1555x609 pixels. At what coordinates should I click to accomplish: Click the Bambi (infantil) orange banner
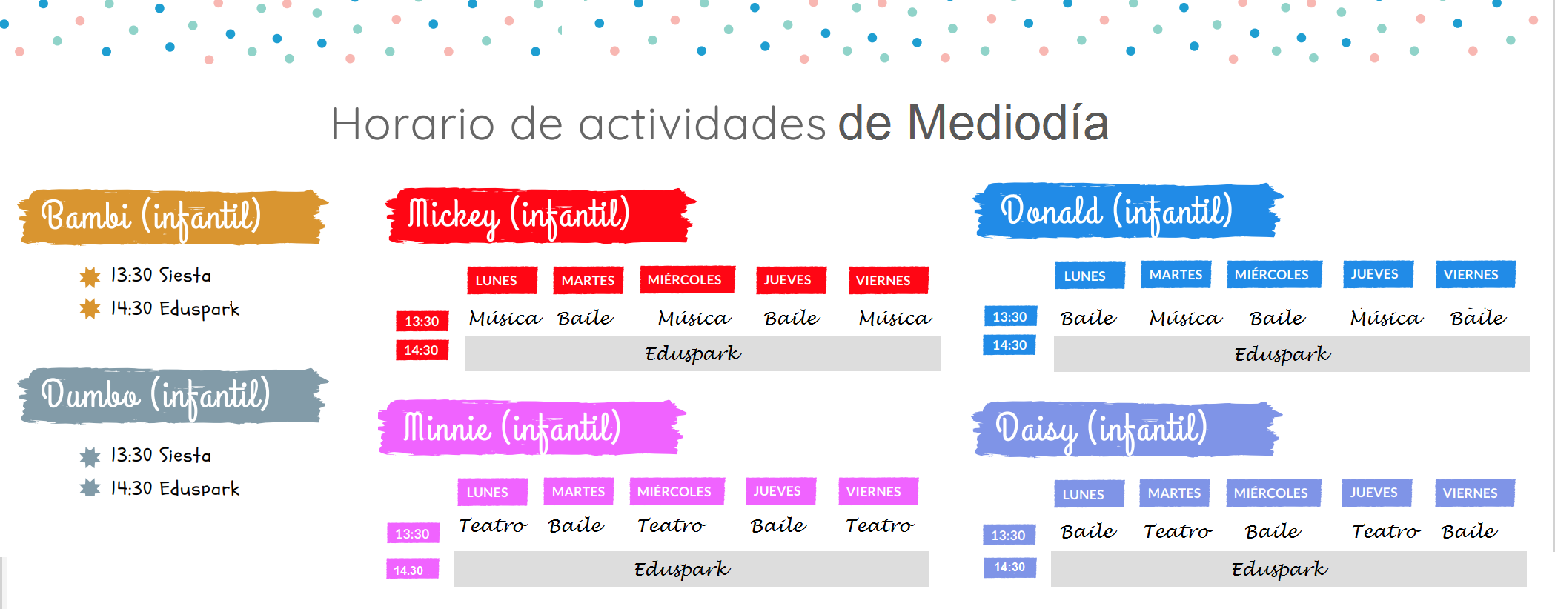click(x=173, y=216)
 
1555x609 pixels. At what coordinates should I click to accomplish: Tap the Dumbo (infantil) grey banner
click(x=173, y=396)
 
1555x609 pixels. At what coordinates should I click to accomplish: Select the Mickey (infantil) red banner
click(x=540, y=215)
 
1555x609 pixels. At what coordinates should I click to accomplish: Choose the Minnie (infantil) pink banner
click(x=532, y=427)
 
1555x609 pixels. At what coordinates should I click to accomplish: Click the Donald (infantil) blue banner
click(x=1128, y=211)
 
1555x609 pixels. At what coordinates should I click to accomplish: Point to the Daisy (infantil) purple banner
click(x=1127, y=429)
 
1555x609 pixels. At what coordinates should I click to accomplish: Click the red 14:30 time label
click(x=422, y=350)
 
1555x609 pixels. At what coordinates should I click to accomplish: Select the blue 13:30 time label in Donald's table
click(x=1009, y=316)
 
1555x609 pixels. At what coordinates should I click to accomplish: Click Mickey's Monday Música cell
click(x=505, y=318)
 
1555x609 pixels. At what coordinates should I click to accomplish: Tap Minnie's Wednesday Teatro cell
click(x=672, y=525)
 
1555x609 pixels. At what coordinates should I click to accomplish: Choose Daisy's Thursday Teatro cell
click(x=1385, y=531)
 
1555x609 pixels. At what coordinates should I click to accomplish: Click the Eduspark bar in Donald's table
click(x=1292, y=354)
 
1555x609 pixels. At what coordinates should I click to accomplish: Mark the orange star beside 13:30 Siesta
click(x=90, y=276)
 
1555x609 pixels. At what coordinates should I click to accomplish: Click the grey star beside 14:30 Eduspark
click(x=90, y=488)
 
